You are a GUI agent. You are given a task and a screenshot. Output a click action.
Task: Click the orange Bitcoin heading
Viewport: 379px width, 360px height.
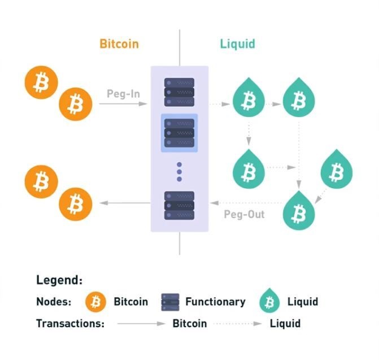pos(119,44)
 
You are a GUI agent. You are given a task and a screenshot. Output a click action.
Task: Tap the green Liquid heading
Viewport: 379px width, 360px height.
pos(237,44)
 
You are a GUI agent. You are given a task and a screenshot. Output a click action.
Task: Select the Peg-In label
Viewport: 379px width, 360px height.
pos(123,94)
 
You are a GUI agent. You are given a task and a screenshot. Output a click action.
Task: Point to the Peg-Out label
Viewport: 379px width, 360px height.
pos(244,214)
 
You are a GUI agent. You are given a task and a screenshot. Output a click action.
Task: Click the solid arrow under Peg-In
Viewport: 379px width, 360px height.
pos(123,104)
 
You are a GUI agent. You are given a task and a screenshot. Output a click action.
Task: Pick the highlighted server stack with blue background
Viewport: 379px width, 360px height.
pos(180,133)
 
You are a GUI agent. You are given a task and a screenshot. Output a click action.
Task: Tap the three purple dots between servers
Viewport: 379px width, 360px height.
pos(179,172)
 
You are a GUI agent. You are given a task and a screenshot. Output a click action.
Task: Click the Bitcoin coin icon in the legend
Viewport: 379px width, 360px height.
pos(95,302)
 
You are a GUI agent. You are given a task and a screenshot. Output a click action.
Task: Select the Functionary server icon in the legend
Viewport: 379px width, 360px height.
pos(171,302)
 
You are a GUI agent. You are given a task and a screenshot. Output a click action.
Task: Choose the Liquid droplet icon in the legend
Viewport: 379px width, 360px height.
pos(269,301)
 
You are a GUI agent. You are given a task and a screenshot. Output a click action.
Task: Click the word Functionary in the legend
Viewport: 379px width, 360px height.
pos(215,302)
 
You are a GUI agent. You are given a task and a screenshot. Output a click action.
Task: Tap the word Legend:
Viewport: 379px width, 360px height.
pos(59,280)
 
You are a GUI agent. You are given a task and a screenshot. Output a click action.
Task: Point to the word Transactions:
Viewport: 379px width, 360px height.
pos(70,323)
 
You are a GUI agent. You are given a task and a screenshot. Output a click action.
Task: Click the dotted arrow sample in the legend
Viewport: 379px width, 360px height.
pos(238,323)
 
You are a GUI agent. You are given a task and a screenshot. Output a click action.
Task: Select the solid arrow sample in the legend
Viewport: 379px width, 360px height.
pos(141,323)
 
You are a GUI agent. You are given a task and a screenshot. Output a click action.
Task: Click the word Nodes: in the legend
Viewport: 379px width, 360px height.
pos(54,302)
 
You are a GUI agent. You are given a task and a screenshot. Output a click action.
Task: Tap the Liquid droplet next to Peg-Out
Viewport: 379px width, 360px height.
pos(299,210)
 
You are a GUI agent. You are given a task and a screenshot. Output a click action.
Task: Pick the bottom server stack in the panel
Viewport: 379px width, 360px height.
pos(180,206)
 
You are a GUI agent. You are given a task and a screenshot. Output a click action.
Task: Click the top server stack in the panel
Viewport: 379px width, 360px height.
pos(180,92)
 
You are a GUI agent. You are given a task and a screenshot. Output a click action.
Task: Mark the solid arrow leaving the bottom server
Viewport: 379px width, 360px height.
pos(125,203)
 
